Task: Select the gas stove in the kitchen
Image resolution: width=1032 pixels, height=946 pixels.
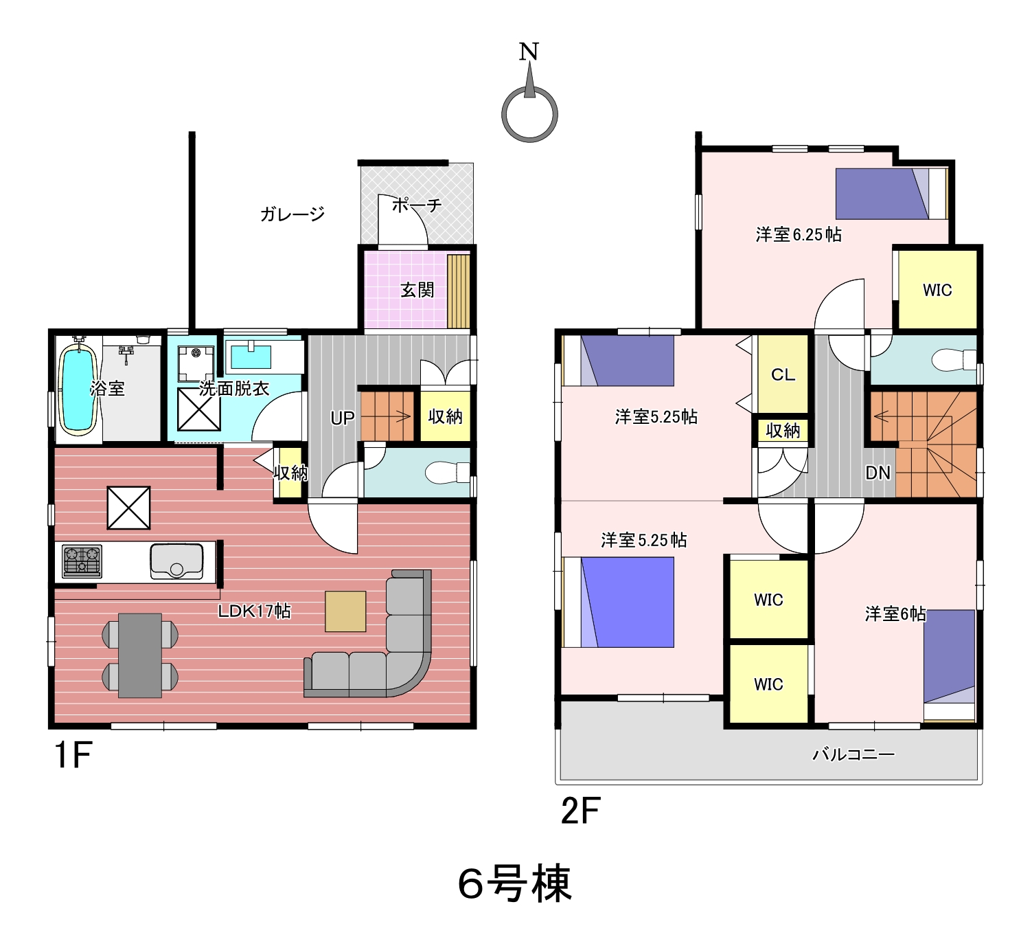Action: coord(82,561)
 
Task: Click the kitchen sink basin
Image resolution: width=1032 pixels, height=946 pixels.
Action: coord(176,561)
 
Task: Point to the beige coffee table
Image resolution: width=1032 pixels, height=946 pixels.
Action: coord(345,611)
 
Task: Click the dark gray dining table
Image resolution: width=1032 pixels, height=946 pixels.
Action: coord(140,655)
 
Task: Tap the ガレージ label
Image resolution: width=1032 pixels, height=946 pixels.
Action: coord(293,214)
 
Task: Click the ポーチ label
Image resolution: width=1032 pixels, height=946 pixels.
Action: coord(417,205)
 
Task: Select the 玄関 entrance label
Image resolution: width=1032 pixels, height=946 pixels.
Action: coord(417,291)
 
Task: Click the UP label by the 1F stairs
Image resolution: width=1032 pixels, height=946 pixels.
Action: coord(343,418)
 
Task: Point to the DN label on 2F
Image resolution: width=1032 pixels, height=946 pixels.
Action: coord(878,473)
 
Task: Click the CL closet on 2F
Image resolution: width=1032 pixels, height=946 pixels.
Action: coord(783,374)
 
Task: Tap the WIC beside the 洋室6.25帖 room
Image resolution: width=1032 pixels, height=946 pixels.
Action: coord(937,290)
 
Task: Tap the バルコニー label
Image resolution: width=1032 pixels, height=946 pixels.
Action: coord(854,754)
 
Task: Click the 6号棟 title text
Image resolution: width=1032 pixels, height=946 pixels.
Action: coord(515,883)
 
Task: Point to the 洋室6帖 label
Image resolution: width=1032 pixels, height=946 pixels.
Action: coord(895,614)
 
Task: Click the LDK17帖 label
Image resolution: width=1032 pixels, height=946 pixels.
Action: coord(254,611)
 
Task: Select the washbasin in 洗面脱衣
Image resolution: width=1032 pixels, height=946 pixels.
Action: coord(251,357)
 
